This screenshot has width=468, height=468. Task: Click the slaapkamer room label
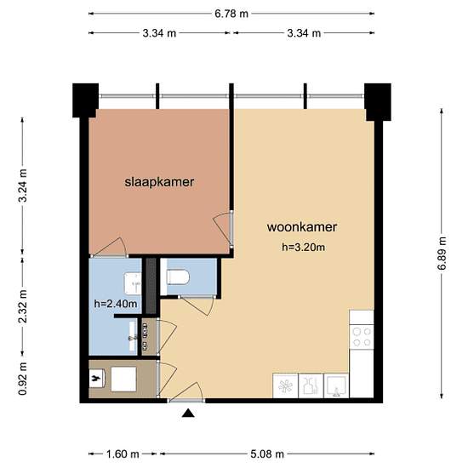[x=159, y=182]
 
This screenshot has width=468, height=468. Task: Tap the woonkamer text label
[x=302, y=227]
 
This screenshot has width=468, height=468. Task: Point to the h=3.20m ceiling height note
[x=304, y=248]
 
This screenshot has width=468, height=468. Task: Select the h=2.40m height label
[x=114, y=303]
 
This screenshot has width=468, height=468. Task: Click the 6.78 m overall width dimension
[x=231, y=14]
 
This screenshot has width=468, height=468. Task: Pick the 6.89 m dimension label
[x=442, y=254]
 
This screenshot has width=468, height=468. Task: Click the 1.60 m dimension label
[x=123, y=454]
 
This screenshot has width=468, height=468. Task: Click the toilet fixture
[x=176, y=277]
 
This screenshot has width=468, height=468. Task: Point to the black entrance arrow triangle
[x=188, y=414]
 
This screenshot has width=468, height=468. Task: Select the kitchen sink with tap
[x=336, y=385]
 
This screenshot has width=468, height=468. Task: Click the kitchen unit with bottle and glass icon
[x=311, y=385]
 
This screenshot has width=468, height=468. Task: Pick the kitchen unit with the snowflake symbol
[x=284, y=385]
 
